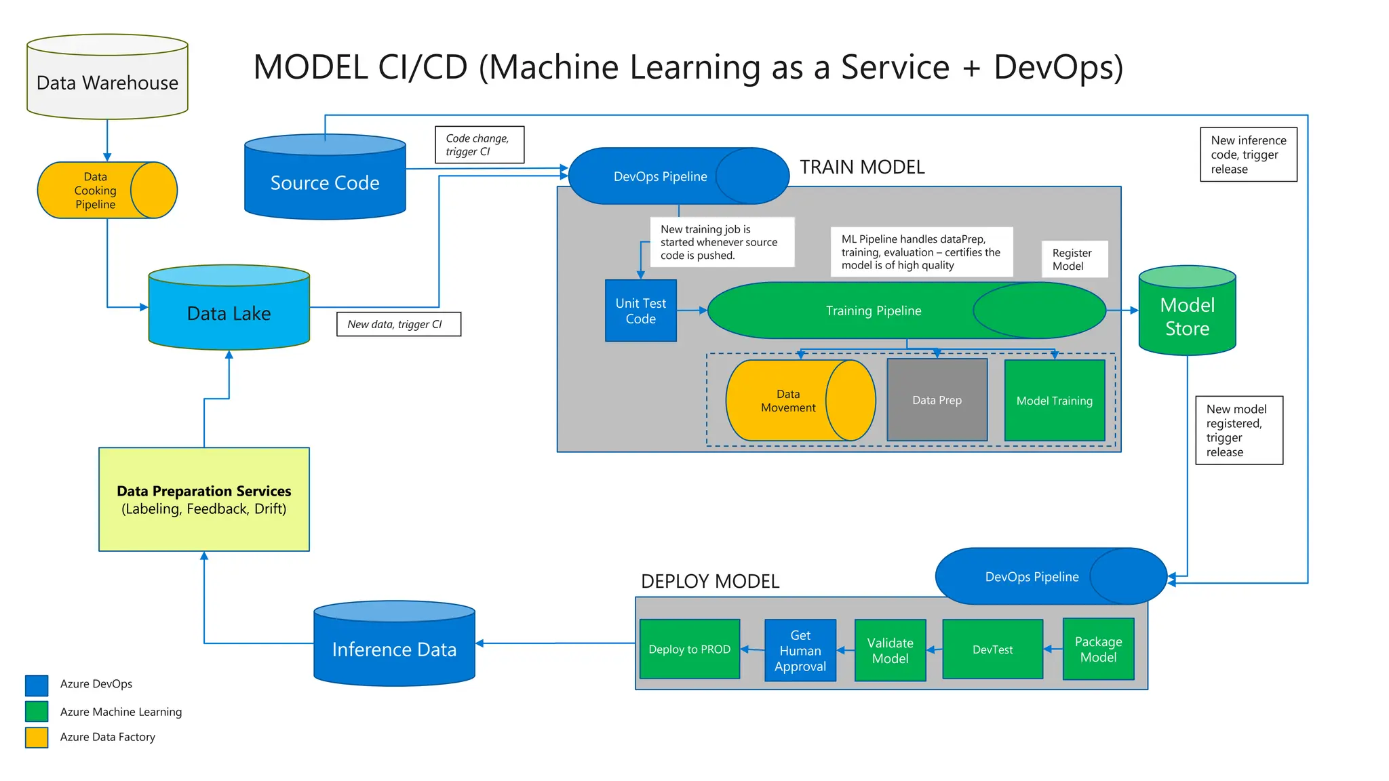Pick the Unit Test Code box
[x=641, y=311]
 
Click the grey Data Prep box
[x=937, y=400]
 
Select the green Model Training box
[x=1055, y=401]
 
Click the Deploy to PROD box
[x=690, y=649]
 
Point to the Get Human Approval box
[x=800, y=650]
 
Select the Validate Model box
[x=891, y=650]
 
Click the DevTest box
[x=993, y=649]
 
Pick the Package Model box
[x=1099, y=649]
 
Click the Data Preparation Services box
[x=204, y=500]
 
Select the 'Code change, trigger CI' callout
[x=480, y=144]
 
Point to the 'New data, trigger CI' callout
[x=399, y=324]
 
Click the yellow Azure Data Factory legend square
[x=37, y=738]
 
